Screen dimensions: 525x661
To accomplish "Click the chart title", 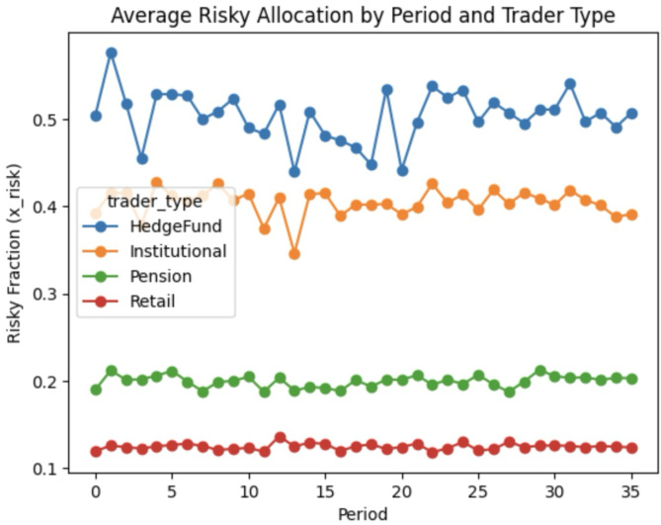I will (x=363, y=15).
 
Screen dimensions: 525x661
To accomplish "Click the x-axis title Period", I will (x=363, y=513).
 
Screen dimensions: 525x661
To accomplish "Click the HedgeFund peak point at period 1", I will (x=111, y=53).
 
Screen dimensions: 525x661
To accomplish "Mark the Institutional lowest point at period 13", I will (x=294, y=254).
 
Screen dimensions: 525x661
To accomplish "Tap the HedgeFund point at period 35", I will (x=631, y=114).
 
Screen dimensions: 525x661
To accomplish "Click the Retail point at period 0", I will (x=96, y=451).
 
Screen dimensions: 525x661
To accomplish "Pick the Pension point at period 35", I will (x=631, y=379).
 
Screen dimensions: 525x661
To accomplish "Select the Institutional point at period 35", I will (x=631, y=215).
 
